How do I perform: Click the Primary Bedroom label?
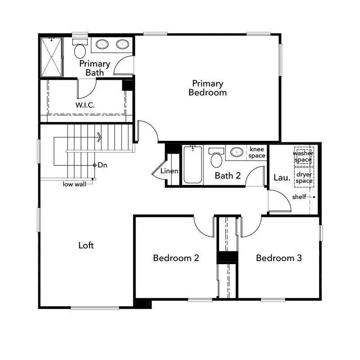pyautogui.click(x=207, y=88)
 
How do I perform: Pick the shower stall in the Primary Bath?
pyautogui.click(x=51, y=57)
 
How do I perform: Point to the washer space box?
pyautogui.click(x=304, y=156)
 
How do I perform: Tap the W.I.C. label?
pyautogui.click(x=85, y=105)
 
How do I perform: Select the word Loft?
pyautogui.click(x=86, y=245)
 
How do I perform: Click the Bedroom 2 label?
pyautogui.click(x=176, y=258)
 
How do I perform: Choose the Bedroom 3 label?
pyautogui.click(x=279, y=258)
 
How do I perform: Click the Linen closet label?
pyautogui.click(x=169, y=171)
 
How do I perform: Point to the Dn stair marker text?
pyautogui.click(x=103, y=165)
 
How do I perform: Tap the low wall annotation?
pyautogui.click(x=74, y=184)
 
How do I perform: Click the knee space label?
pyautogui.click(x=257, y=153)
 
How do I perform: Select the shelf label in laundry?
pyautogui.click(x=299, y=197)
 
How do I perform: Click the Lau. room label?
pyautogui.click(x=282, y=178)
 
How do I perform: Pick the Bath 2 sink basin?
pyautogui.click(x=237, y=152)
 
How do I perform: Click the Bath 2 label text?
pyautogui.click(x=227, y=175)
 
